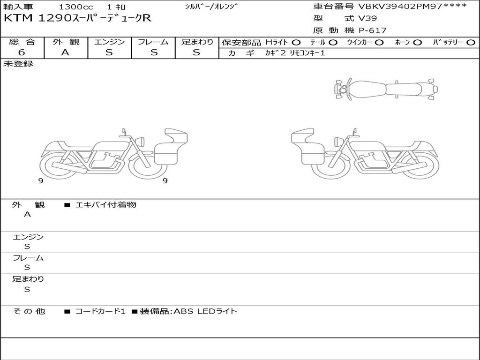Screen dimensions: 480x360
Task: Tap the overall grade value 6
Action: (x=22, y=52)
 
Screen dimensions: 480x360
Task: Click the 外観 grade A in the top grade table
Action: (x=65, y=52)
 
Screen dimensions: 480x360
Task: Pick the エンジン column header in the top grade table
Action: (x=109, y=42)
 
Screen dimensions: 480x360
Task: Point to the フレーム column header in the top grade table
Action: (x=153, y=42)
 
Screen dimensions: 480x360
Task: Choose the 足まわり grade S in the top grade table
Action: (x=196, y=52)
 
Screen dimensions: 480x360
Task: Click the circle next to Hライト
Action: (x=296, y=43)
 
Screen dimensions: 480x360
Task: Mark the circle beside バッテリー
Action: (x=471, y=43)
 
